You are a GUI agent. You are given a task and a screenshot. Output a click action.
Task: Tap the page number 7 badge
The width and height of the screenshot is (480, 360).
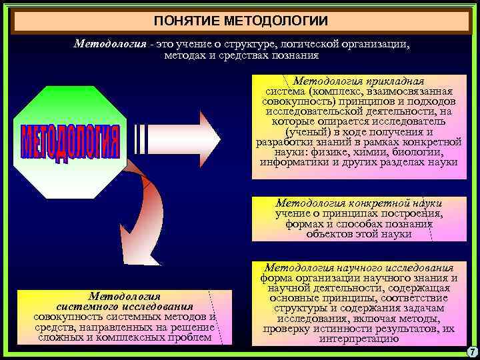coord(471,351)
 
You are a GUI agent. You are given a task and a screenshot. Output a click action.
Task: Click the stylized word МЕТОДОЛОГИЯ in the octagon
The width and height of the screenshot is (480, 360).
coord(69,142)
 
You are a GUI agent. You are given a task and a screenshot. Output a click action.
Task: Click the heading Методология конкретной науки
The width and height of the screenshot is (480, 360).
coord(359,203)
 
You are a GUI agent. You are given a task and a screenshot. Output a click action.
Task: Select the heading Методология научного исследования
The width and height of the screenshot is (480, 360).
coord(359,267)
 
